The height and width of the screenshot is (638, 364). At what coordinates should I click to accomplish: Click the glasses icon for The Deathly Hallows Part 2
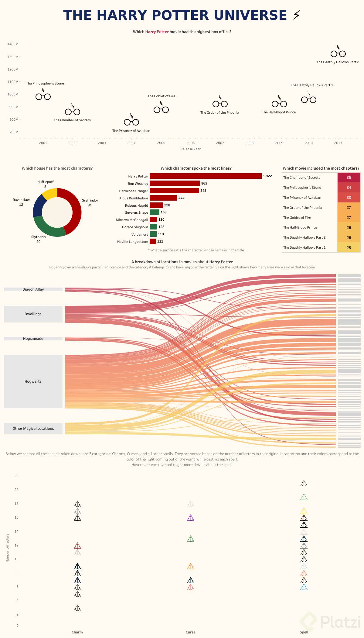(x=338, y=53)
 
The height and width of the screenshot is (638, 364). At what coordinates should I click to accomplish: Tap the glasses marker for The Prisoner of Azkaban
(x=131, y=122)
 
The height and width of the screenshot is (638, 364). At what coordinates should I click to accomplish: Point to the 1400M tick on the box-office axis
(x=13, y=44)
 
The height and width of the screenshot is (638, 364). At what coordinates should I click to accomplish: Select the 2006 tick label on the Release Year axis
(x=190, y=143)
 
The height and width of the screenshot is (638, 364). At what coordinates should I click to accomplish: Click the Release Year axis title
(x=190, y=149)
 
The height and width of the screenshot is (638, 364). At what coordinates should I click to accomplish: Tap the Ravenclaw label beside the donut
(x=21, y=200)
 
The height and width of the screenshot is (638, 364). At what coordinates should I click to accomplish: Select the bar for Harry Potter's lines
(x=205, y=176)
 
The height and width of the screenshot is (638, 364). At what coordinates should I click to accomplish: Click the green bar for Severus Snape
(x=154, y=212)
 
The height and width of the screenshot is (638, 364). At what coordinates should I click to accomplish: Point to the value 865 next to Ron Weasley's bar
(x=204, y=183)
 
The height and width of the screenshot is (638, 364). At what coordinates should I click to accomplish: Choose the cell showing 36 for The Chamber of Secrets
(x=349, y=178)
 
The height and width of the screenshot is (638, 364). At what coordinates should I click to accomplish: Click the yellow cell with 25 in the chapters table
(x=349, y=247)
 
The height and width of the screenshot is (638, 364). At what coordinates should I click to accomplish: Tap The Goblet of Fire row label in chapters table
(x=297, y=218)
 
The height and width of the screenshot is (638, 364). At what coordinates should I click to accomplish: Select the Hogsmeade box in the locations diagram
(x=33, y=339)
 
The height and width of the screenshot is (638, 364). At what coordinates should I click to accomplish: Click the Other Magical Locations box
(x=33, y=429)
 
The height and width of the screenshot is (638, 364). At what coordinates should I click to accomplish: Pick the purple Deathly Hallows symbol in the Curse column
(x=190, y=518)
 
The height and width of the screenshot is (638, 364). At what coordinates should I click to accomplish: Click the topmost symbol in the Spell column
(x=304, y=483)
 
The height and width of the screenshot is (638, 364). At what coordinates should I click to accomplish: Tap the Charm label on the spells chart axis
(x=77, y=632)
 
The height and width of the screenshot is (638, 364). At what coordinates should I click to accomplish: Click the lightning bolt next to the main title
(x=296, y=15)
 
